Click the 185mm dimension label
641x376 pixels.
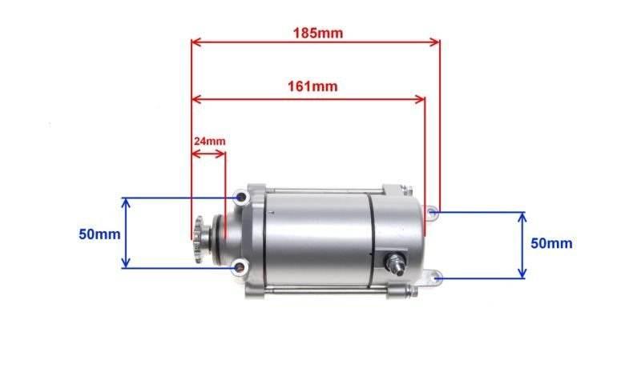point(318,33)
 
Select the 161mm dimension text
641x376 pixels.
point(312,86)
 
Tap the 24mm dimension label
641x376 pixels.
point(209,142)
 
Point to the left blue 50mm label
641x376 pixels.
point(99,234)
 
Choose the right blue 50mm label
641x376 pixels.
point(551,243)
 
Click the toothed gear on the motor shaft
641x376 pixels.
point(200,239)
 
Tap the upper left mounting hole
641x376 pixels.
point(242,198)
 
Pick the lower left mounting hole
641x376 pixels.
point(240,268)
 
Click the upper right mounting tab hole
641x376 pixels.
point(433,212)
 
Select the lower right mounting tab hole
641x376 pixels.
point(437,278)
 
